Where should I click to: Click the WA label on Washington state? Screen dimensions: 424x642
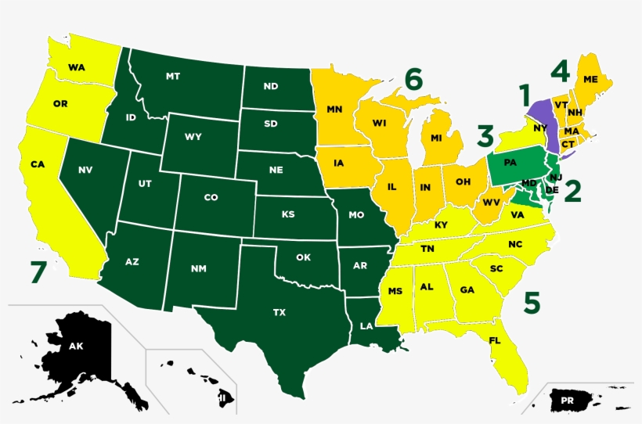click(76, 67)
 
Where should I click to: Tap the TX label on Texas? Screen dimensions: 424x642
click(280, 312)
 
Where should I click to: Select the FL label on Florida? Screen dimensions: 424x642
click(495, 340)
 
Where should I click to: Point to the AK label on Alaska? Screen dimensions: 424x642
click(76, 346)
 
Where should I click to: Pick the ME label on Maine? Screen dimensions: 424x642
click(590, 79)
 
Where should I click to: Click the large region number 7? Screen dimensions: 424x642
click(38, 272)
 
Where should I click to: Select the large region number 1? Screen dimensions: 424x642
click(525, 96)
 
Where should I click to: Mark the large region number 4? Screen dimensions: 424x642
click(558, 71)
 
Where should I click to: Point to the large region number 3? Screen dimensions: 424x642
click(485, 137)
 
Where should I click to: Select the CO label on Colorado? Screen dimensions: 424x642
click(211, 198)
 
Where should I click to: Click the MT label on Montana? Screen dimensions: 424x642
click(174, 76)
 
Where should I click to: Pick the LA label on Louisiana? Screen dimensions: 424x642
click(366, 325)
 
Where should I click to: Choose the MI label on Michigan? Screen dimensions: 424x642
click(437, 138)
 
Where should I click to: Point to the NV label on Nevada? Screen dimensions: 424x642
click(85, 170)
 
